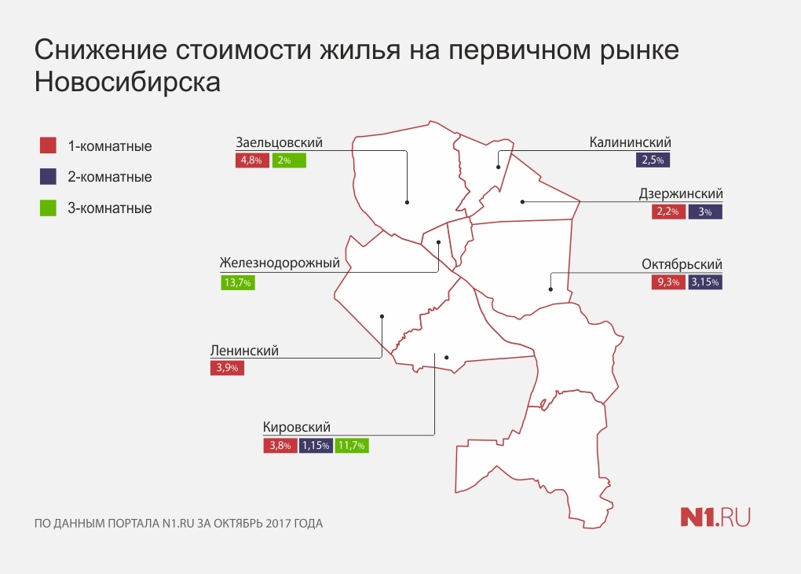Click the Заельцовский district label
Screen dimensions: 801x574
click(x=279, y=142)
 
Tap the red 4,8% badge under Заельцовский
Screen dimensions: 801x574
click(x=252, y=160)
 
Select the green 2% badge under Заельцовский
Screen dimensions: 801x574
click(x=289, y=160)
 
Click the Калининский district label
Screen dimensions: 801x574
click(x=630, y=142)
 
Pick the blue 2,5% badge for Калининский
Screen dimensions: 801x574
click(x=653, y=160)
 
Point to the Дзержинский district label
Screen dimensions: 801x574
click(x=681, y=194)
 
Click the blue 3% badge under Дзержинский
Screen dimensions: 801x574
click(x=705, y=212)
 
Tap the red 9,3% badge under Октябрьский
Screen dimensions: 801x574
click(x=668, y=281)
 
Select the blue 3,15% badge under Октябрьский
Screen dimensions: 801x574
click(x=705, y=281)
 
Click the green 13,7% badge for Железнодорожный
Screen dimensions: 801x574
click(x=238, y=282)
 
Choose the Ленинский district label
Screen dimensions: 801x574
click(x=245, y=351)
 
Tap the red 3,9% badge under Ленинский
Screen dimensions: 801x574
click(x=227, y=368)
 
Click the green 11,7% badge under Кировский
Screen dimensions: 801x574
click(x=352, y=446)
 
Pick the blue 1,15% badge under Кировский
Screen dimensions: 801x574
click(x=316, y=446)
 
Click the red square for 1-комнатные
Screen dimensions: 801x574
click(x=48, y=145)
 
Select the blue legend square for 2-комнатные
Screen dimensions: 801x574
click(x=48, y=176)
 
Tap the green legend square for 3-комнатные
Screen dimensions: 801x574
click(x=48, y=208)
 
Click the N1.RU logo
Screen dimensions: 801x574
click(x=715, y=517)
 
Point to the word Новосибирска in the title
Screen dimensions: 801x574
click(x=127, y=82)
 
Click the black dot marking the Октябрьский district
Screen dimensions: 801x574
click(x=550, y=289)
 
